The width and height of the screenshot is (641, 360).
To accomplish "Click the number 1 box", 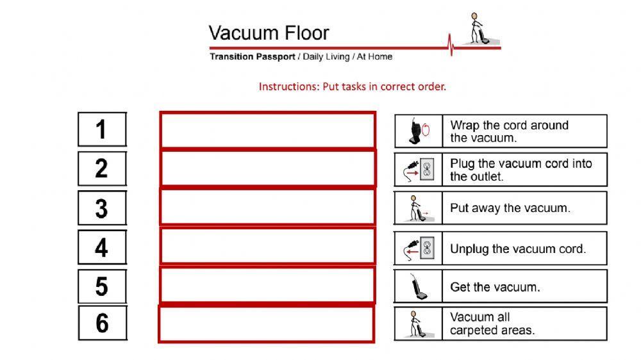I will (x=102, y=129).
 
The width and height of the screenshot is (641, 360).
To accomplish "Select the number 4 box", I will (x=102, y=247).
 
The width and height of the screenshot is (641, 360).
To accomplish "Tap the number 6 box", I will (x=103, y=323).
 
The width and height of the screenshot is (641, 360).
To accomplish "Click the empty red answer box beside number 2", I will (x=267, y=168).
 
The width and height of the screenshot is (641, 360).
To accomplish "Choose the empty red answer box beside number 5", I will (x=267, y=285).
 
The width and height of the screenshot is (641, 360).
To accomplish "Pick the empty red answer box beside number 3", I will (x=267, y=207).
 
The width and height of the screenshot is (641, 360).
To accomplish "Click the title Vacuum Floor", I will (x=269, y=33).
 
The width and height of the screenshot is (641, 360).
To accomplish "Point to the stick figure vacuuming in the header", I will (x=478, y=29).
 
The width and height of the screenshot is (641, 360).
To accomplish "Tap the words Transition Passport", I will (x=252, y=56).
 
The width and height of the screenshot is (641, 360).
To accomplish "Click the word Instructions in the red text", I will (x=287, y=86).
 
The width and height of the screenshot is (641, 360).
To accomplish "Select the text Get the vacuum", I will (x=494, y=287).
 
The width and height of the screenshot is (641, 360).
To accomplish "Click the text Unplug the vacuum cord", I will (x=517, y=249).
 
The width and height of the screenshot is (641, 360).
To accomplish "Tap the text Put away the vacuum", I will (x=510, y=208).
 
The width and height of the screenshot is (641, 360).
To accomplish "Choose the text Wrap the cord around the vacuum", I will (x=509, y=131).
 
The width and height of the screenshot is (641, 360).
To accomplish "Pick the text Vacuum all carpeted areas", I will (x=492, y=323).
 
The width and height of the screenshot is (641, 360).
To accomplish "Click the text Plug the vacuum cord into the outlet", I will (x=520, y=170).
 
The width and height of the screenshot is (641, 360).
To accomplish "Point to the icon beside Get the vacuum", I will (x=419, y=286).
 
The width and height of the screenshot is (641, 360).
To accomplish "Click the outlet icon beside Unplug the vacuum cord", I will (x=427, y=249).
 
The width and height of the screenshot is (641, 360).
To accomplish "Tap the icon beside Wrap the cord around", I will (x=419, y=131).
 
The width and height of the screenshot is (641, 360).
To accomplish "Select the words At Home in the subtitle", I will (x=374, y=56).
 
